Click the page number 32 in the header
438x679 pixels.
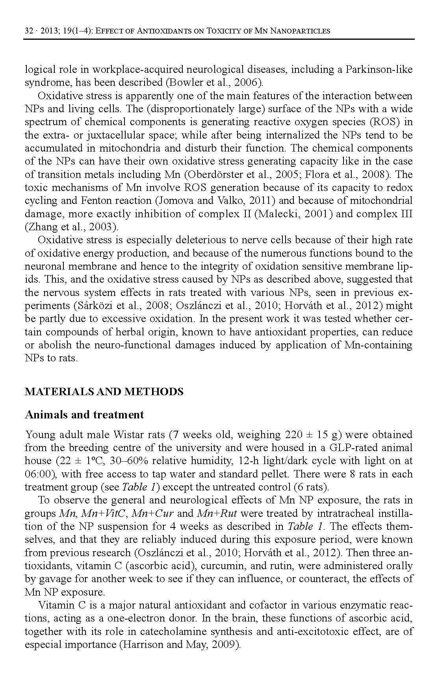point(29,31)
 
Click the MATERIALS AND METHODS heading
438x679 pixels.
point(104,392)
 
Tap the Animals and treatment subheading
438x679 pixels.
point(84,414)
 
